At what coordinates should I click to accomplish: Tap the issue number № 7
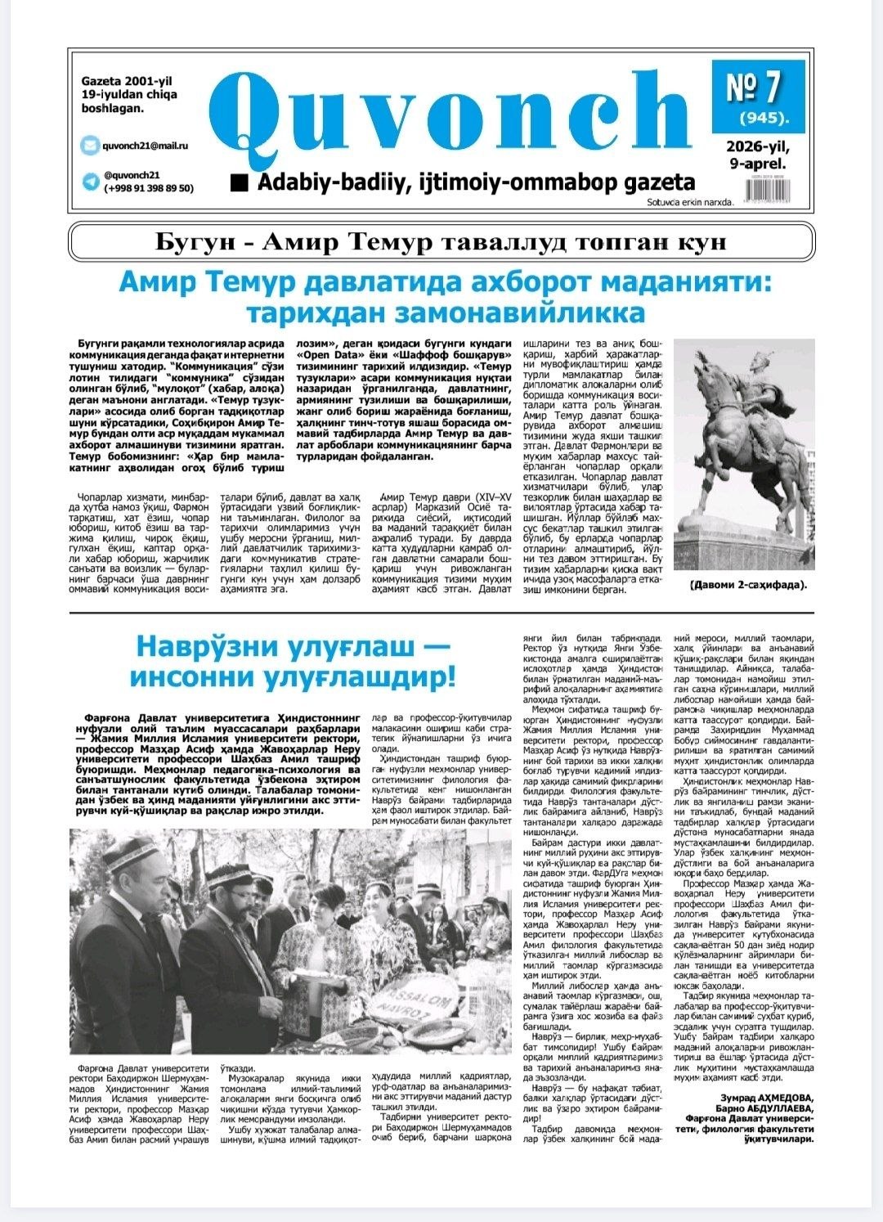click(755, 86)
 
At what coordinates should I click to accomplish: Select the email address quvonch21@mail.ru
click(145, 146)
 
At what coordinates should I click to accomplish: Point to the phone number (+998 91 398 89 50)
click(148, 188)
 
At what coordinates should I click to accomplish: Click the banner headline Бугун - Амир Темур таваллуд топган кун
click(441, 243)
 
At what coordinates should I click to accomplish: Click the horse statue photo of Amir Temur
click(744, 454)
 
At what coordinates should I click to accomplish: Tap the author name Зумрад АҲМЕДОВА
click(766, 1098)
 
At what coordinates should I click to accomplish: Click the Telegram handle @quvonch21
click(132, 175)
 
